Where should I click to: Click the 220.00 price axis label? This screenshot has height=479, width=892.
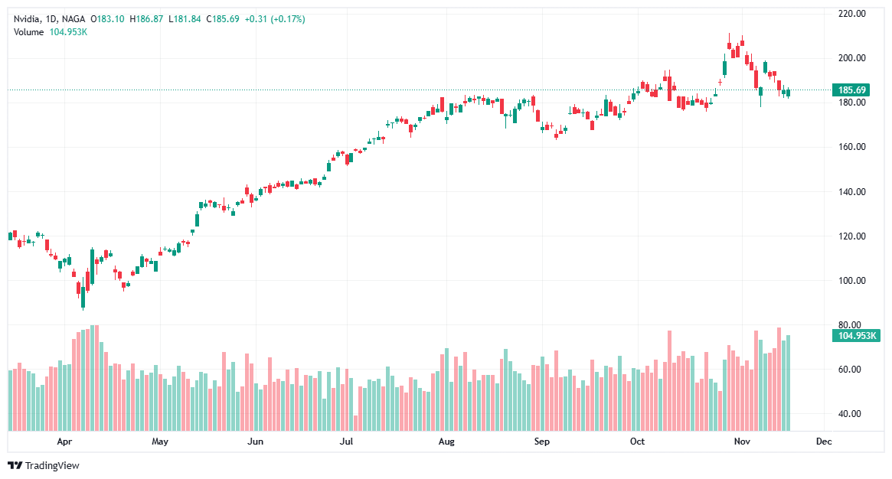[x=851, y=14]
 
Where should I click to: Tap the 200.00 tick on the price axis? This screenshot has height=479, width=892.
[x=851, y=58]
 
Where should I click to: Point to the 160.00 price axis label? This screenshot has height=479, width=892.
[x=851, y=147]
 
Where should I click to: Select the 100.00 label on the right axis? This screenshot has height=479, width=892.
[x=851, y=281]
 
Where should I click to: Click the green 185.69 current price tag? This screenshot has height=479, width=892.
[x=851, y=90]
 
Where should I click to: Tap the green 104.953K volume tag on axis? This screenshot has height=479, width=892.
[x=854, y=336]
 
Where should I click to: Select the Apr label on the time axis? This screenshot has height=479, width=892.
[x=64, y=442]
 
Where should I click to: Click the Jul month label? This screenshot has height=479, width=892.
[x=346, y=442]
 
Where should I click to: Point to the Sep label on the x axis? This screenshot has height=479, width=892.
[x=541, y=442]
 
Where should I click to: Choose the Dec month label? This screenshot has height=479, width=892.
[x=824, y=442]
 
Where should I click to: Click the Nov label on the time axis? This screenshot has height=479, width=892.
[x=740, y=442]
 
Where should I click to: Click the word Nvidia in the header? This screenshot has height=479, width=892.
[x=27, y=19]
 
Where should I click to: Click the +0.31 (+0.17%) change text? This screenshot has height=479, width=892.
[x=275, y=19]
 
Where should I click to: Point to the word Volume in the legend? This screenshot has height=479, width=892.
[x=29, y=31]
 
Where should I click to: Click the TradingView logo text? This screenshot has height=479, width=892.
[x=52, y=465]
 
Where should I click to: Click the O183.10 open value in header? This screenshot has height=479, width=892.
[x=109, y=19]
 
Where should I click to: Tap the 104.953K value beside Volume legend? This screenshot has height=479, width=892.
[x=68, y=31]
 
